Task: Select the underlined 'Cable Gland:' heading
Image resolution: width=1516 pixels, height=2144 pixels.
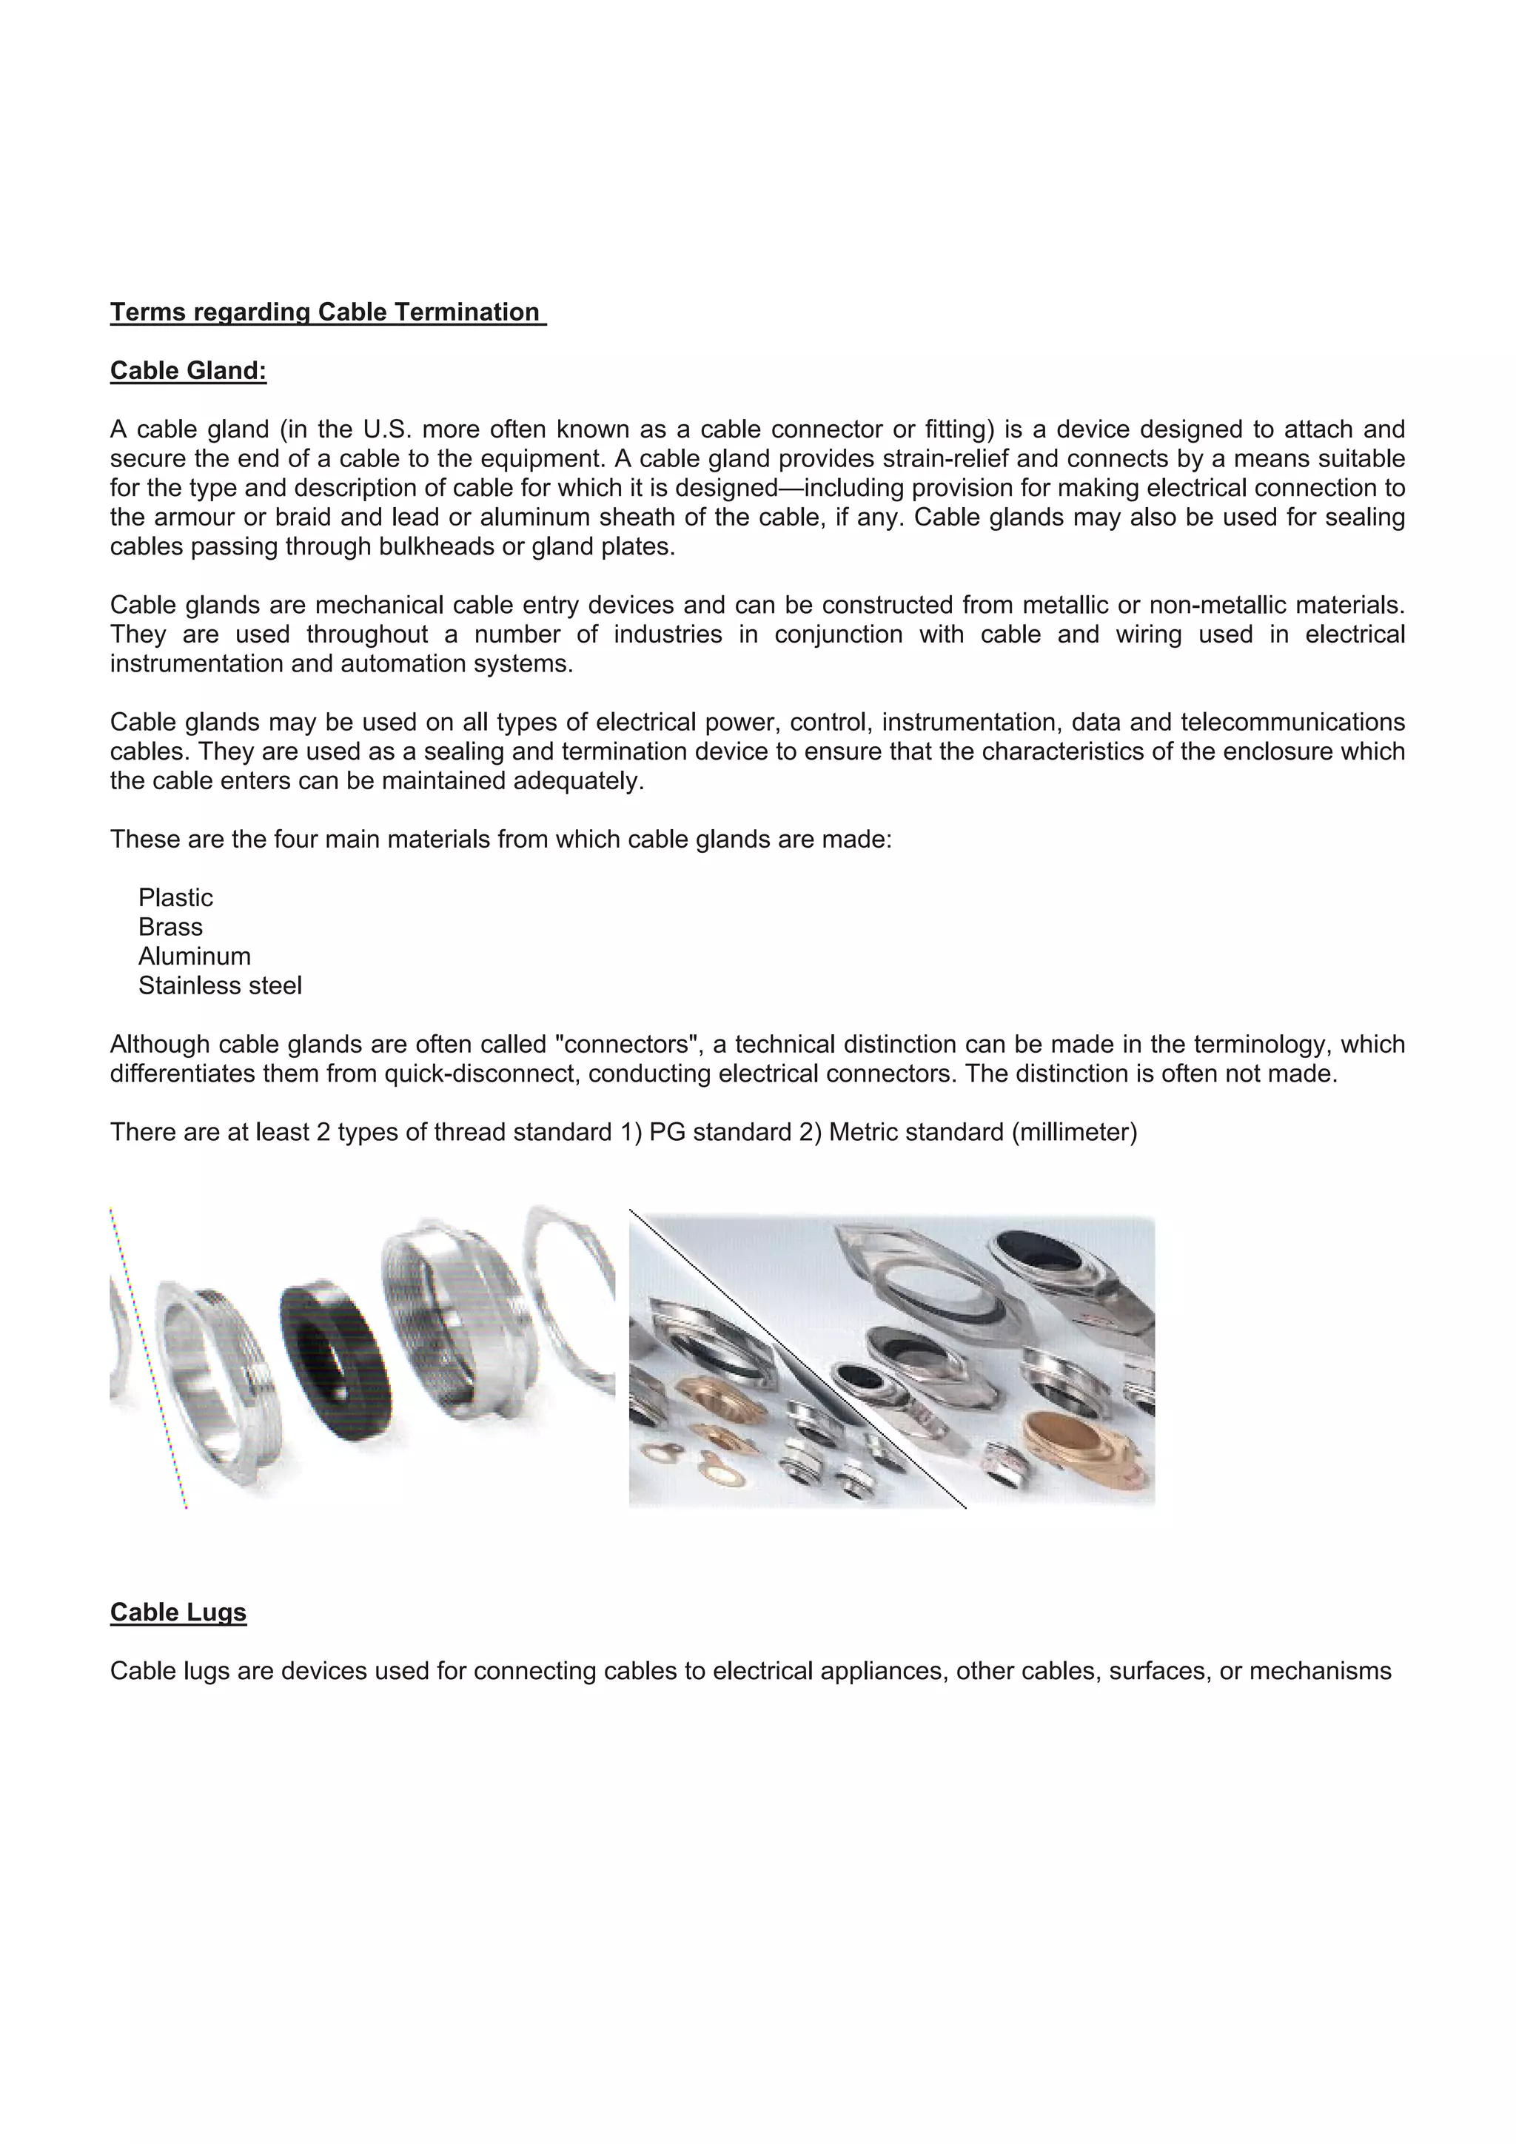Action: [x=189, y=371]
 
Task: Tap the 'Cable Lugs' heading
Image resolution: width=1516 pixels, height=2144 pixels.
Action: [x=178, y=1612]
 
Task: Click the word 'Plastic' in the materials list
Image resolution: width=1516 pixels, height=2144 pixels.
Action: [x=175, y=897]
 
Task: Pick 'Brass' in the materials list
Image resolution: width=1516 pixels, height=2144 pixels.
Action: [x=170, y=926]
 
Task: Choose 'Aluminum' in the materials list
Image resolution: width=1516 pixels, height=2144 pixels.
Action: [x=194, y=957]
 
